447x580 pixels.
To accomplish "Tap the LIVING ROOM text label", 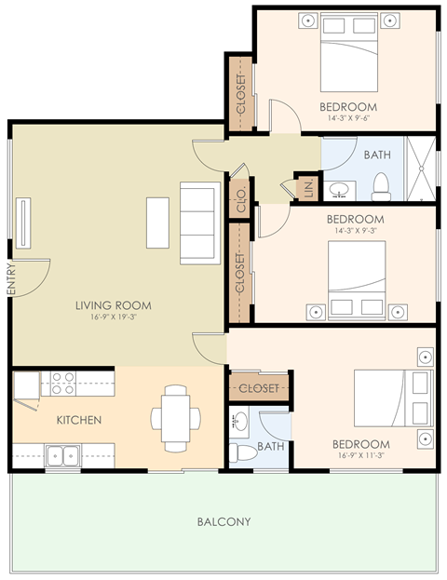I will pos(114,305).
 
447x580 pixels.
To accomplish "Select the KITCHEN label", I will pos(79,421).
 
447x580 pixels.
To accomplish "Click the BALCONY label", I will pos(223,521).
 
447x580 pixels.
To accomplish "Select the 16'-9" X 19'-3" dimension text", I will pos(114,317).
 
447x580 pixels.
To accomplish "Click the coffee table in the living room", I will pos(157,223).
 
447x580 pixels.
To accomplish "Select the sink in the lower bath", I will pos(239,422).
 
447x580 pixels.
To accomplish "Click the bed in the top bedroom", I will pos(349,52).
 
